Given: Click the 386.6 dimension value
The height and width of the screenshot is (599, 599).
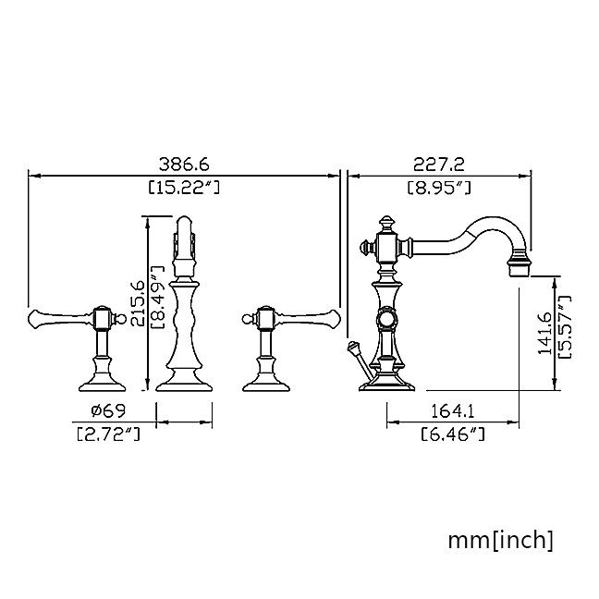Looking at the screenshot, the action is coord(184,165).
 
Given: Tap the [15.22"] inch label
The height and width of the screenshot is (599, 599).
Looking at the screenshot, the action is coord(184,188).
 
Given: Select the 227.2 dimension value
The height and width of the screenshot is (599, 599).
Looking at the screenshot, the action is coord(439,165).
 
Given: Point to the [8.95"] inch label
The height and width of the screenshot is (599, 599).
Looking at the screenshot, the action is coord(439,188).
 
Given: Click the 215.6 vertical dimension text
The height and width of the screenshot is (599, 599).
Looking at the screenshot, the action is coord(137,303).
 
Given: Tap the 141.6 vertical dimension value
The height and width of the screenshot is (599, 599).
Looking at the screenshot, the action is coord(544,333).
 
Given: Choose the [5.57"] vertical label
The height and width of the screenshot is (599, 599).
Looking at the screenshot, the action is coord(565,326).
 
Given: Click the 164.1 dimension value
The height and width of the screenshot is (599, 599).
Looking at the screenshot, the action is coord(452,411).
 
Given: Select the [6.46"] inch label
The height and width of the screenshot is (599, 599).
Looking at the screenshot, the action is coord(453,434).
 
